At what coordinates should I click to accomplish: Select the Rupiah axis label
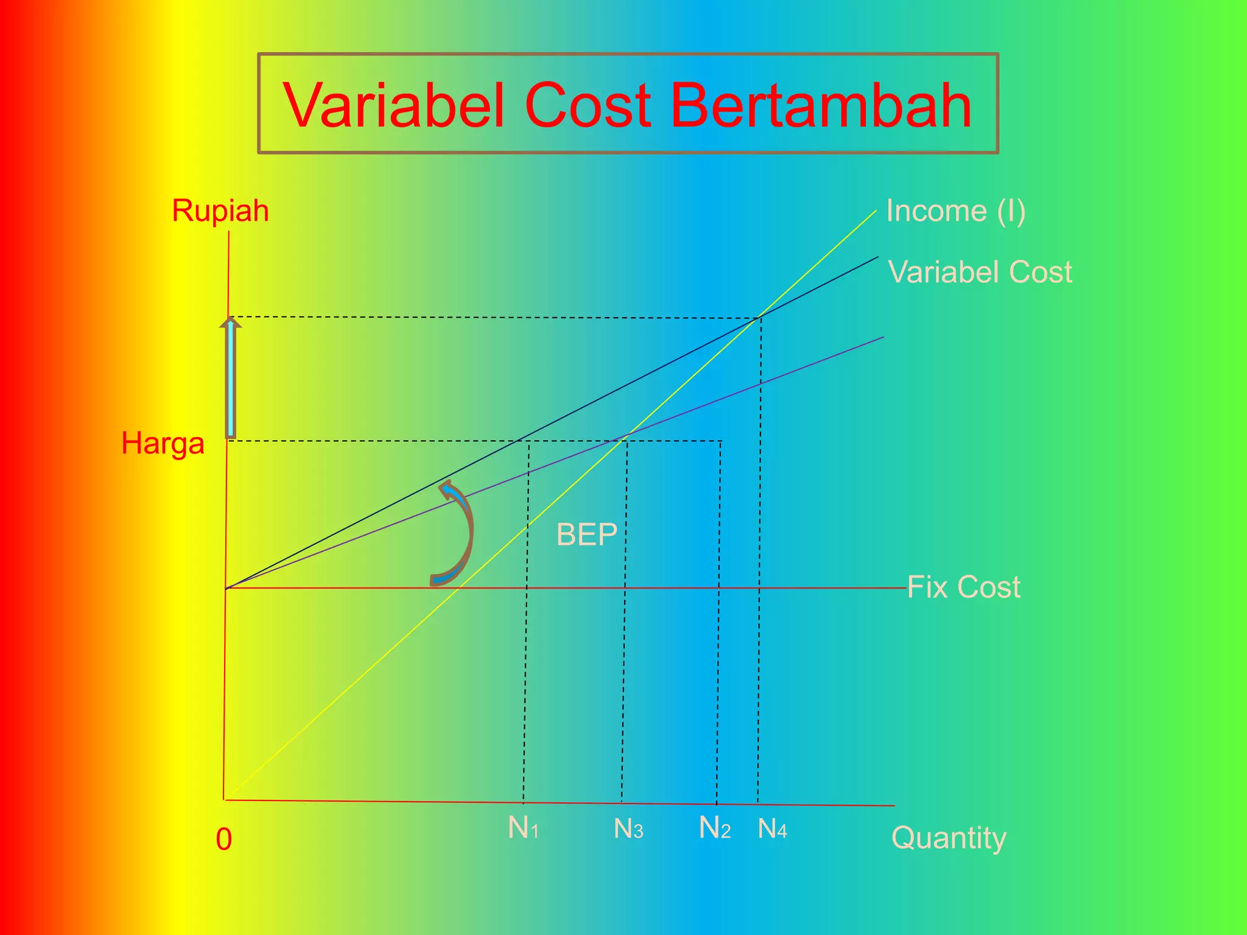coord(220,211)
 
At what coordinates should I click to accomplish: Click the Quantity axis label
coord(948,838)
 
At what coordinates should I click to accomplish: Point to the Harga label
coord(163,443)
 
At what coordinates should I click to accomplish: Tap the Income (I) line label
coord(955,211)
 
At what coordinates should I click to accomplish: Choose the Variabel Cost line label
coord(980,271)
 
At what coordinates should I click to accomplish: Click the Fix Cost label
coord(963,587)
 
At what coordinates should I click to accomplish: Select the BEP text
coord(586,535)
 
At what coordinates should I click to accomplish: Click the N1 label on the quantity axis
coord(523,828)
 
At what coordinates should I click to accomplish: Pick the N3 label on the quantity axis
coord(628,828)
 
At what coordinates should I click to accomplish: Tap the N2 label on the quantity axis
coord(714,828)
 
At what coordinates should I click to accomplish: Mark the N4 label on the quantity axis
coord(772,828)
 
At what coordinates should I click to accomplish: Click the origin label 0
coord(224,839)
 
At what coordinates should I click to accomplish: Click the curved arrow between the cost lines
coord(457,533)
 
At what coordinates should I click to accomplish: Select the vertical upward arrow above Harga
coord(231,377)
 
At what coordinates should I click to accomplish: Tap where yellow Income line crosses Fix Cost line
coord(458,588)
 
